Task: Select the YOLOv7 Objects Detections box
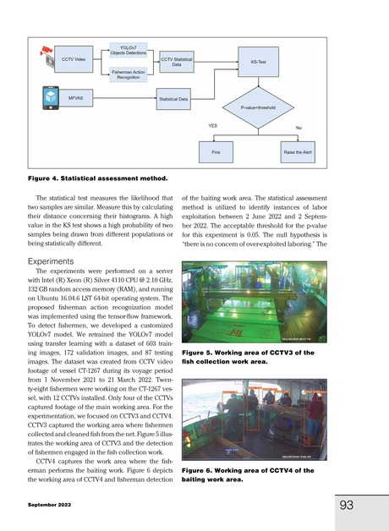[129, 48]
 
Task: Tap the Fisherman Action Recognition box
[129, 75]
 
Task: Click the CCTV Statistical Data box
[178, 62]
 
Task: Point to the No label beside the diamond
[298, 127]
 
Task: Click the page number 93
[346, 505]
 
